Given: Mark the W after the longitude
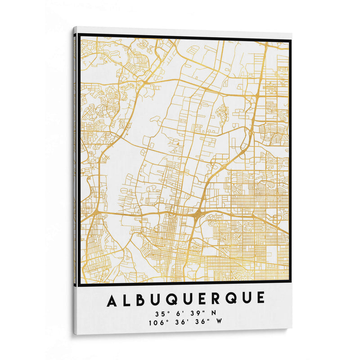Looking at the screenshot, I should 220,321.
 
